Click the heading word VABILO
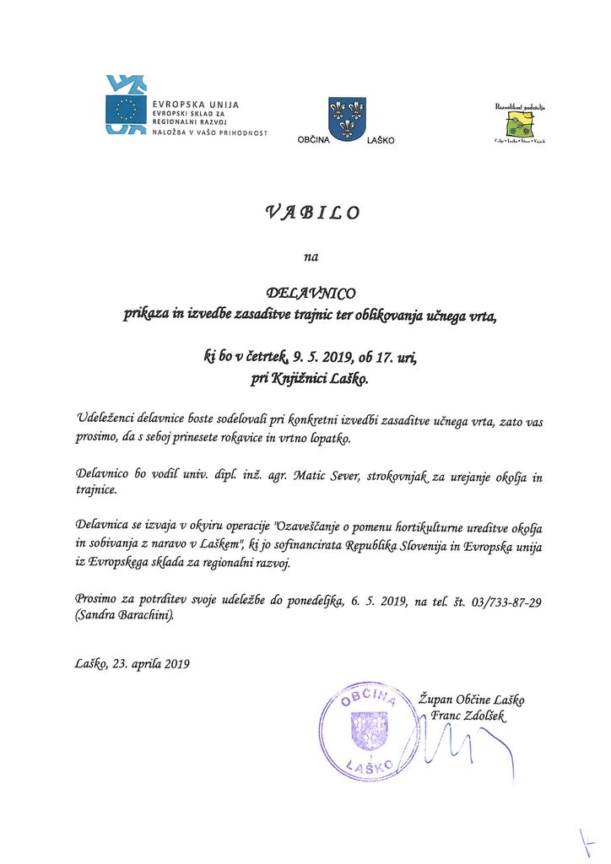(312, 212)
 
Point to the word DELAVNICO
(311, 293)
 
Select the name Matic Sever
(320, 477)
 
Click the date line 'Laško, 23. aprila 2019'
(132, 663)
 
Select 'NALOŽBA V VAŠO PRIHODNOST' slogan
(209, 132)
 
